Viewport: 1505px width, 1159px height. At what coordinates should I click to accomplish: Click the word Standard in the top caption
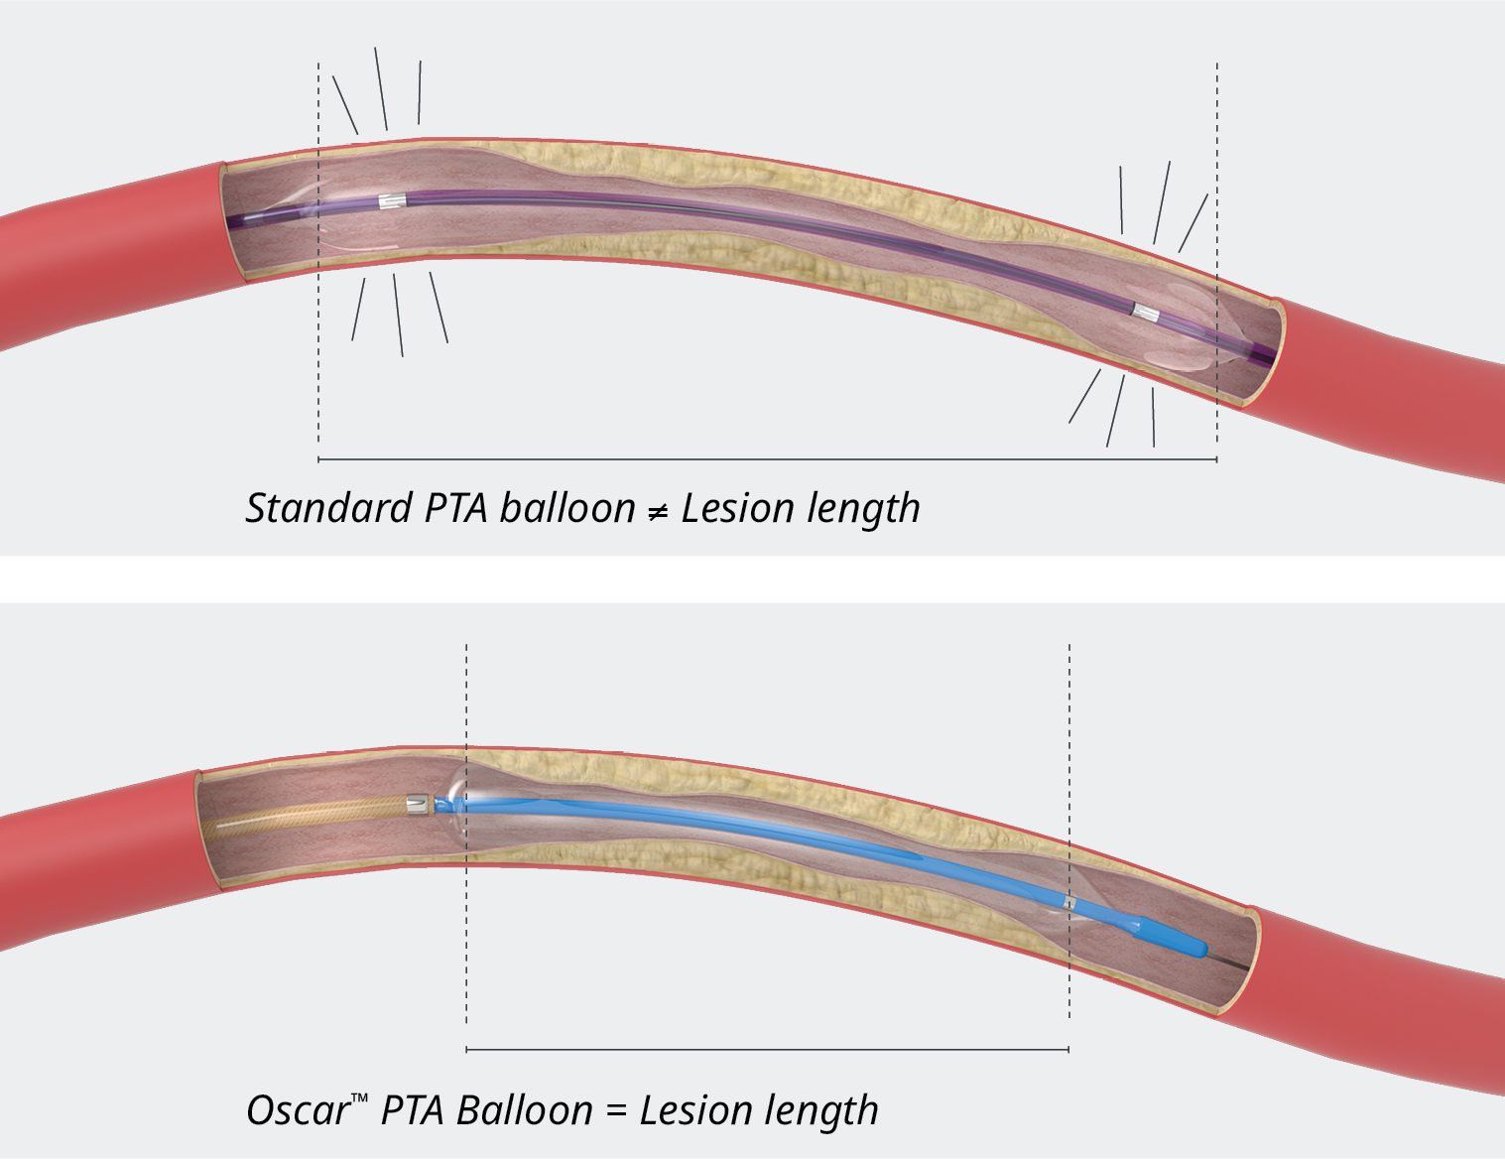pyautogui.click(x=328, y=508)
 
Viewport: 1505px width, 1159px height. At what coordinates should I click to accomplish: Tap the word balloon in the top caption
pyautogui.click(x=566, y=508)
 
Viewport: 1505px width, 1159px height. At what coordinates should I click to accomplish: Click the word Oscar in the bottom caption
pyautogui.click(x=297, y=1110)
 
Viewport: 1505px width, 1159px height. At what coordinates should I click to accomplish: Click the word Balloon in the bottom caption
pyautogui.click(x=524, y=1110)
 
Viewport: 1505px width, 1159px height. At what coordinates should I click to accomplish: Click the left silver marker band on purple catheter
pyautogui.click(x=393, y=201)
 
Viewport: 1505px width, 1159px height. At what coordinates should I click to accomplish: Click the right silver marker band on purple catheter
pyautogui.click(x=1146, y=314)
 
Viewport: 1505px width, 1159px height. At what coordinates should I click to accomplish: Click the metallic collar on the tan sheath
pyautogui.click(x=417, y=804)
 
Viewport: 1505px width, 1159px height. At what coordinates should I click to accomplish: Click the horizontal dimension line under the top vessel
pyautogui.click(x=767, y=460)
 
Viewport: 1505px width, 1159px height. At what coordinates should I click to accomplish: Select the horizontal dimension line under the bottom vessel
pyautogui.click(x=767, y=1049)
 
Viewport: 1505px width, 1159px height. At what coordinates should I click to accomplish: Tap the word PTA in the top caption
pyautogui.click(x=455, y=508)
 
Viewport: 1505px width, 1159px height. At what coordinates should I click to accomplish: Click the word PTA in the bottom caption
pyautogui.click(x=412, y=1110)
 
